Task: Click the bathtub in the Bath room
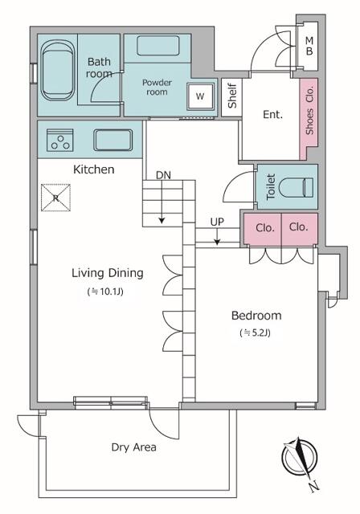click(58, 70)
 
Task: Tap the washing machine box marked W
click(200, 96)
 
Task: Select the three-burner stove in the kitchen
click(60, 141)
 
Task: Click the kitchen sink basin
click(113, 140)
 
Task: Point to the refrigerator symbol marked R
click(55, 198)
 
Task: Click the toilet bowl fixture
click(296, 187)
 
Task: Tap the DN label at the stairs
click(163, 175)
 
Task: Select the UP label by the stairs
click(217, 222)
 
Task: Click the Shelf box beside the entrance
click(231, 97)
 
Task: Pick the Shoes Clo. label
click(309, 110)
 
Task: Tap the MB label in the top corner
click(309, 47)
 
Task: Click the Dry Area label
click(133, 447)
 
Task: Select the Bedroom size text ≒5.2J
click(256, 332)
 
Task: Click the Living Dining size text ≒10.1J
click(105, 291)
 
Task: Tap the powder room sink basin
click(158, 46)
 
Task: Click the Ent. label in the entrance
click(272, 114)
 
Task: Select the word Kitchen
click(94, 169)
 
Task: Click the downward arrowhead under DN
click(162, 221)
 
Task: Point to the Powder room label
click(157, 88)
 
